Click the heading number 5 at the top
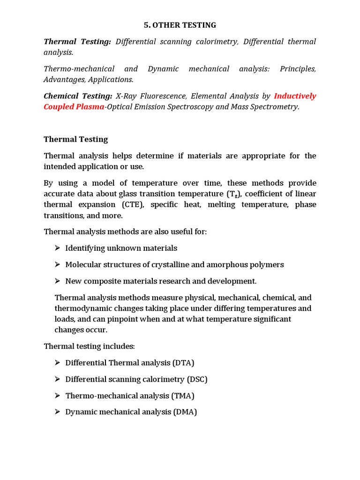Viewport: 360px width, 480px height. coord(146,25)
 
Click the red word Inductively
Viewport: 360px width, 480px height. coord(295,96)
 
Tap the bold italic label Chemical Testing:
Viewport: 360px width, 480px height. coord(78,96)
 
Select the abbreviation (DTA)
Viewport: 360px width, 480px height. coord(183,363)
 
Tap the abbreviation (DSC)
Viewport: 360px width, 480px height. coord(197,379)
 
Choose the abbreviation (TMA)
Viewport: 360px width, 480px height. coord(183,396)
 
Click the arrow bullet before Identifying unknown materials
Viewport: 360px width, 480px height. coord(58,248)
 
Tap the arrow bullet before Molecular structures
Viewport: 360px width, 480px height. coord(58,264)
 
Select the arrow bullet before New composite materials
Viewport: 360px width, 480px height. coord(58,281)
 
